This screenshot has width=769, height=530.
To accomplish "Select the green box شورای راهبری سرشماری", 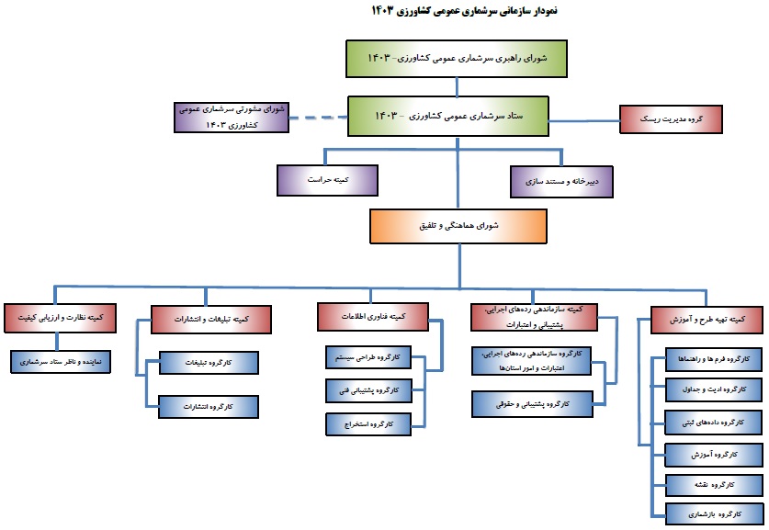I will point(456,58).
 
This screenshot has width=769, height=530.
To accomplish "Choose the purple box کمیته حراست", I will point(328,180).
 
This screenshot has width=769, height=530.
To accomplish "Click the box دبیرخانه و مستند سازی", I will point(566,180).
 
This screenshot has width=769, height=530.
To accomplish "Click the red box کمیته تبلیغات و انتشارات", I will point(212,318).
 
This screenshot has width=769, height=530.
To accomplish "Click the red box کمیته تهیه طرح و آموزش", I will point(707,318).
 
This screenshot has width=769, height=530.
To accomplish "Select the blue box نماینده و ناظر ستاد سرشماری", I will point(64,361).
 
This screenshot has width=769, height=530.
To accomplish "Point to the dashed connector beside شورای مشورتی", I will point(316,117).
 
